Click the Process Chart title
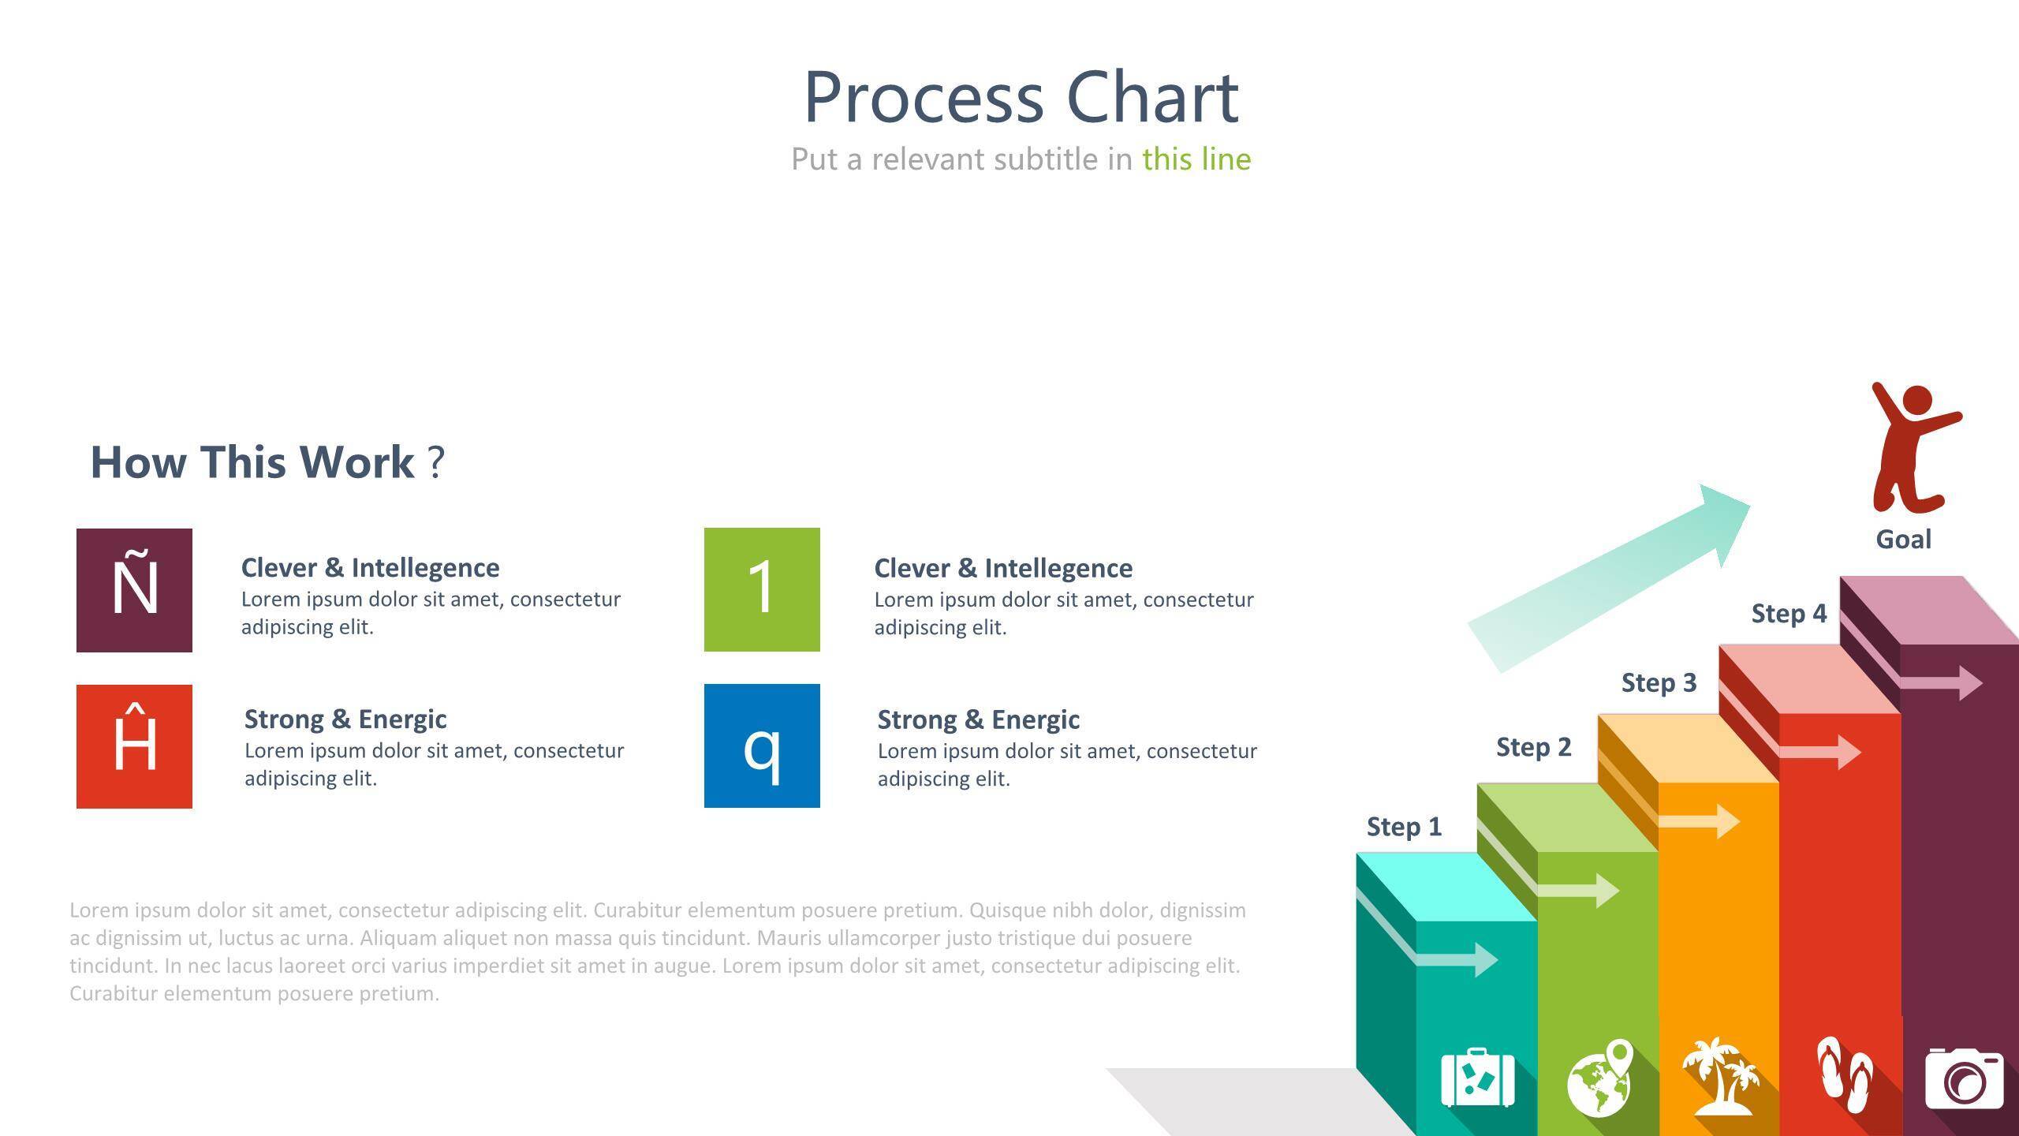tap(1021, 98)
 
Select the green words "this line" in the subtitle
tap(1196, 159)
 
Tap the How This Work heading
tap(268, 462)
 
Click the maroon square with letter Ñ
tap(134, 590)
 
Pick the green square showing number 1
tap(762, 589)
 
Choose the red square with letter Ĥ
tap(134, 746)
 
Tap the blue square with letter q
tap(762, 745)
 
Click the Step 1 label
tap(1404, 827)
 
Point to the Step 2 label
tap(1534, 747)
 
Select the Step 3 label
tap(1659, 682)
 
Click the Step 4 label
tap(1789, 614)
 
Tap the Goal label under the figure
tap(1904, 540)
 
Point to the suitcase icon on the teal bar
tap(1478, 1078)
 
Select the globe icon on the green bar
tap(1600, 1078)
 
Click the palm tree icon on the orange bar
tap(1721, 1076)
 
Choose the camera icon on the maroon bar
tap(1965, 1078)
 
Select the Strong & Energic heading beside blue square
tap(979, 719)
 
